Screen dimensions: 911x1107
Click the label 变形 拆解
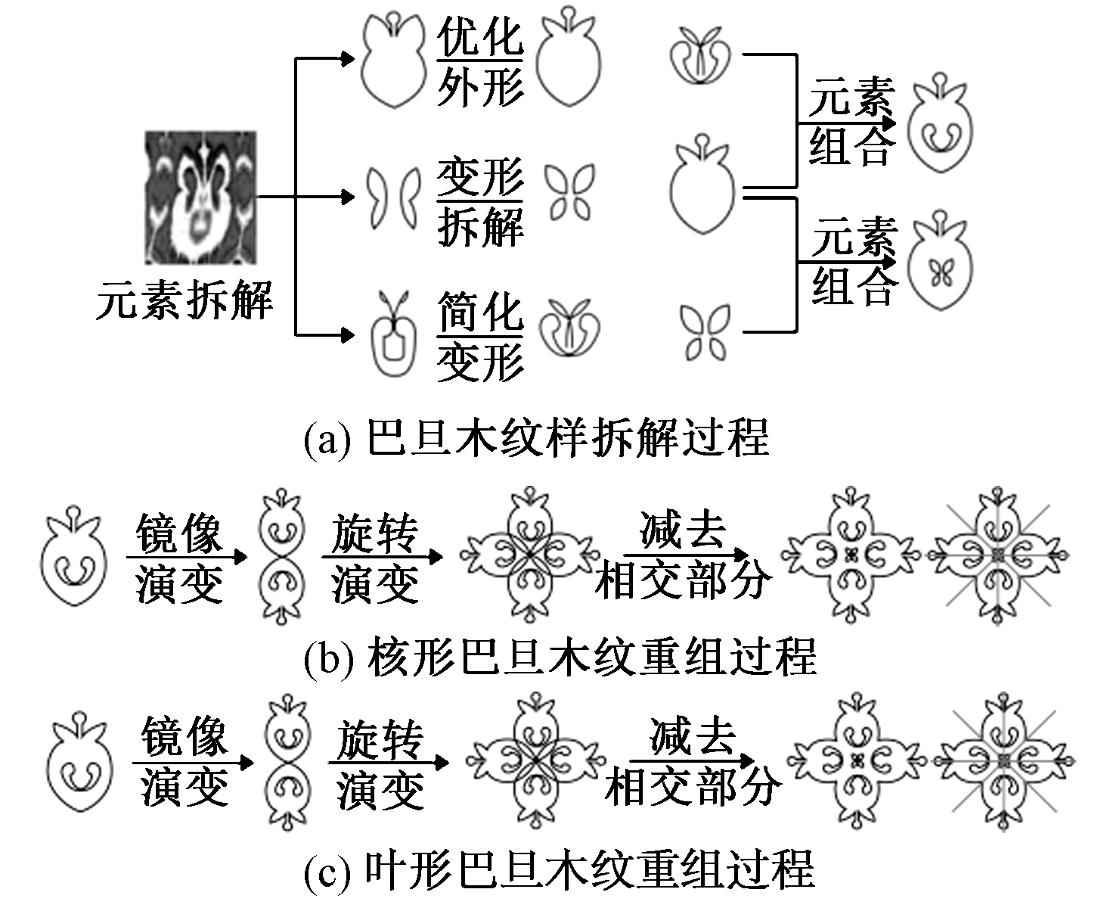(480, 203)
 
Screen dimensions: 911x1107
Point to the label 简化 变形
(480, 337)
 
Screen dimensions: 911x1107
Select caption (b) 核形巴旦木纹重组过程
(560, 656)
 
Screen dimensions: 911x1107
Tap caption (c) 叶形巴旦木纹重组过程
(560, 869)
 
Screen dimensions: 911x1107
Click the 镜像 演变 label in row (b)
(179, 558)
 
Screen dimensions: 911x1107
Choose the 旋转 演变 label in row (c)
(380, 764)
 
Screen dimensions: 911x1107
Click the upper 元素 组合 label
(851, 121)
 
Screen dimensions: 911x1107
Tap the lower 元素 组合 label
(854, 262)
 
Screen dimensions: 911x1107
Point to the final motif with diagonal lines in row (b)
(998, 557)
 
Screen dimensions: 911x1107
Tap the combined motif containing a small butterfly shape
(941, 265)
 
